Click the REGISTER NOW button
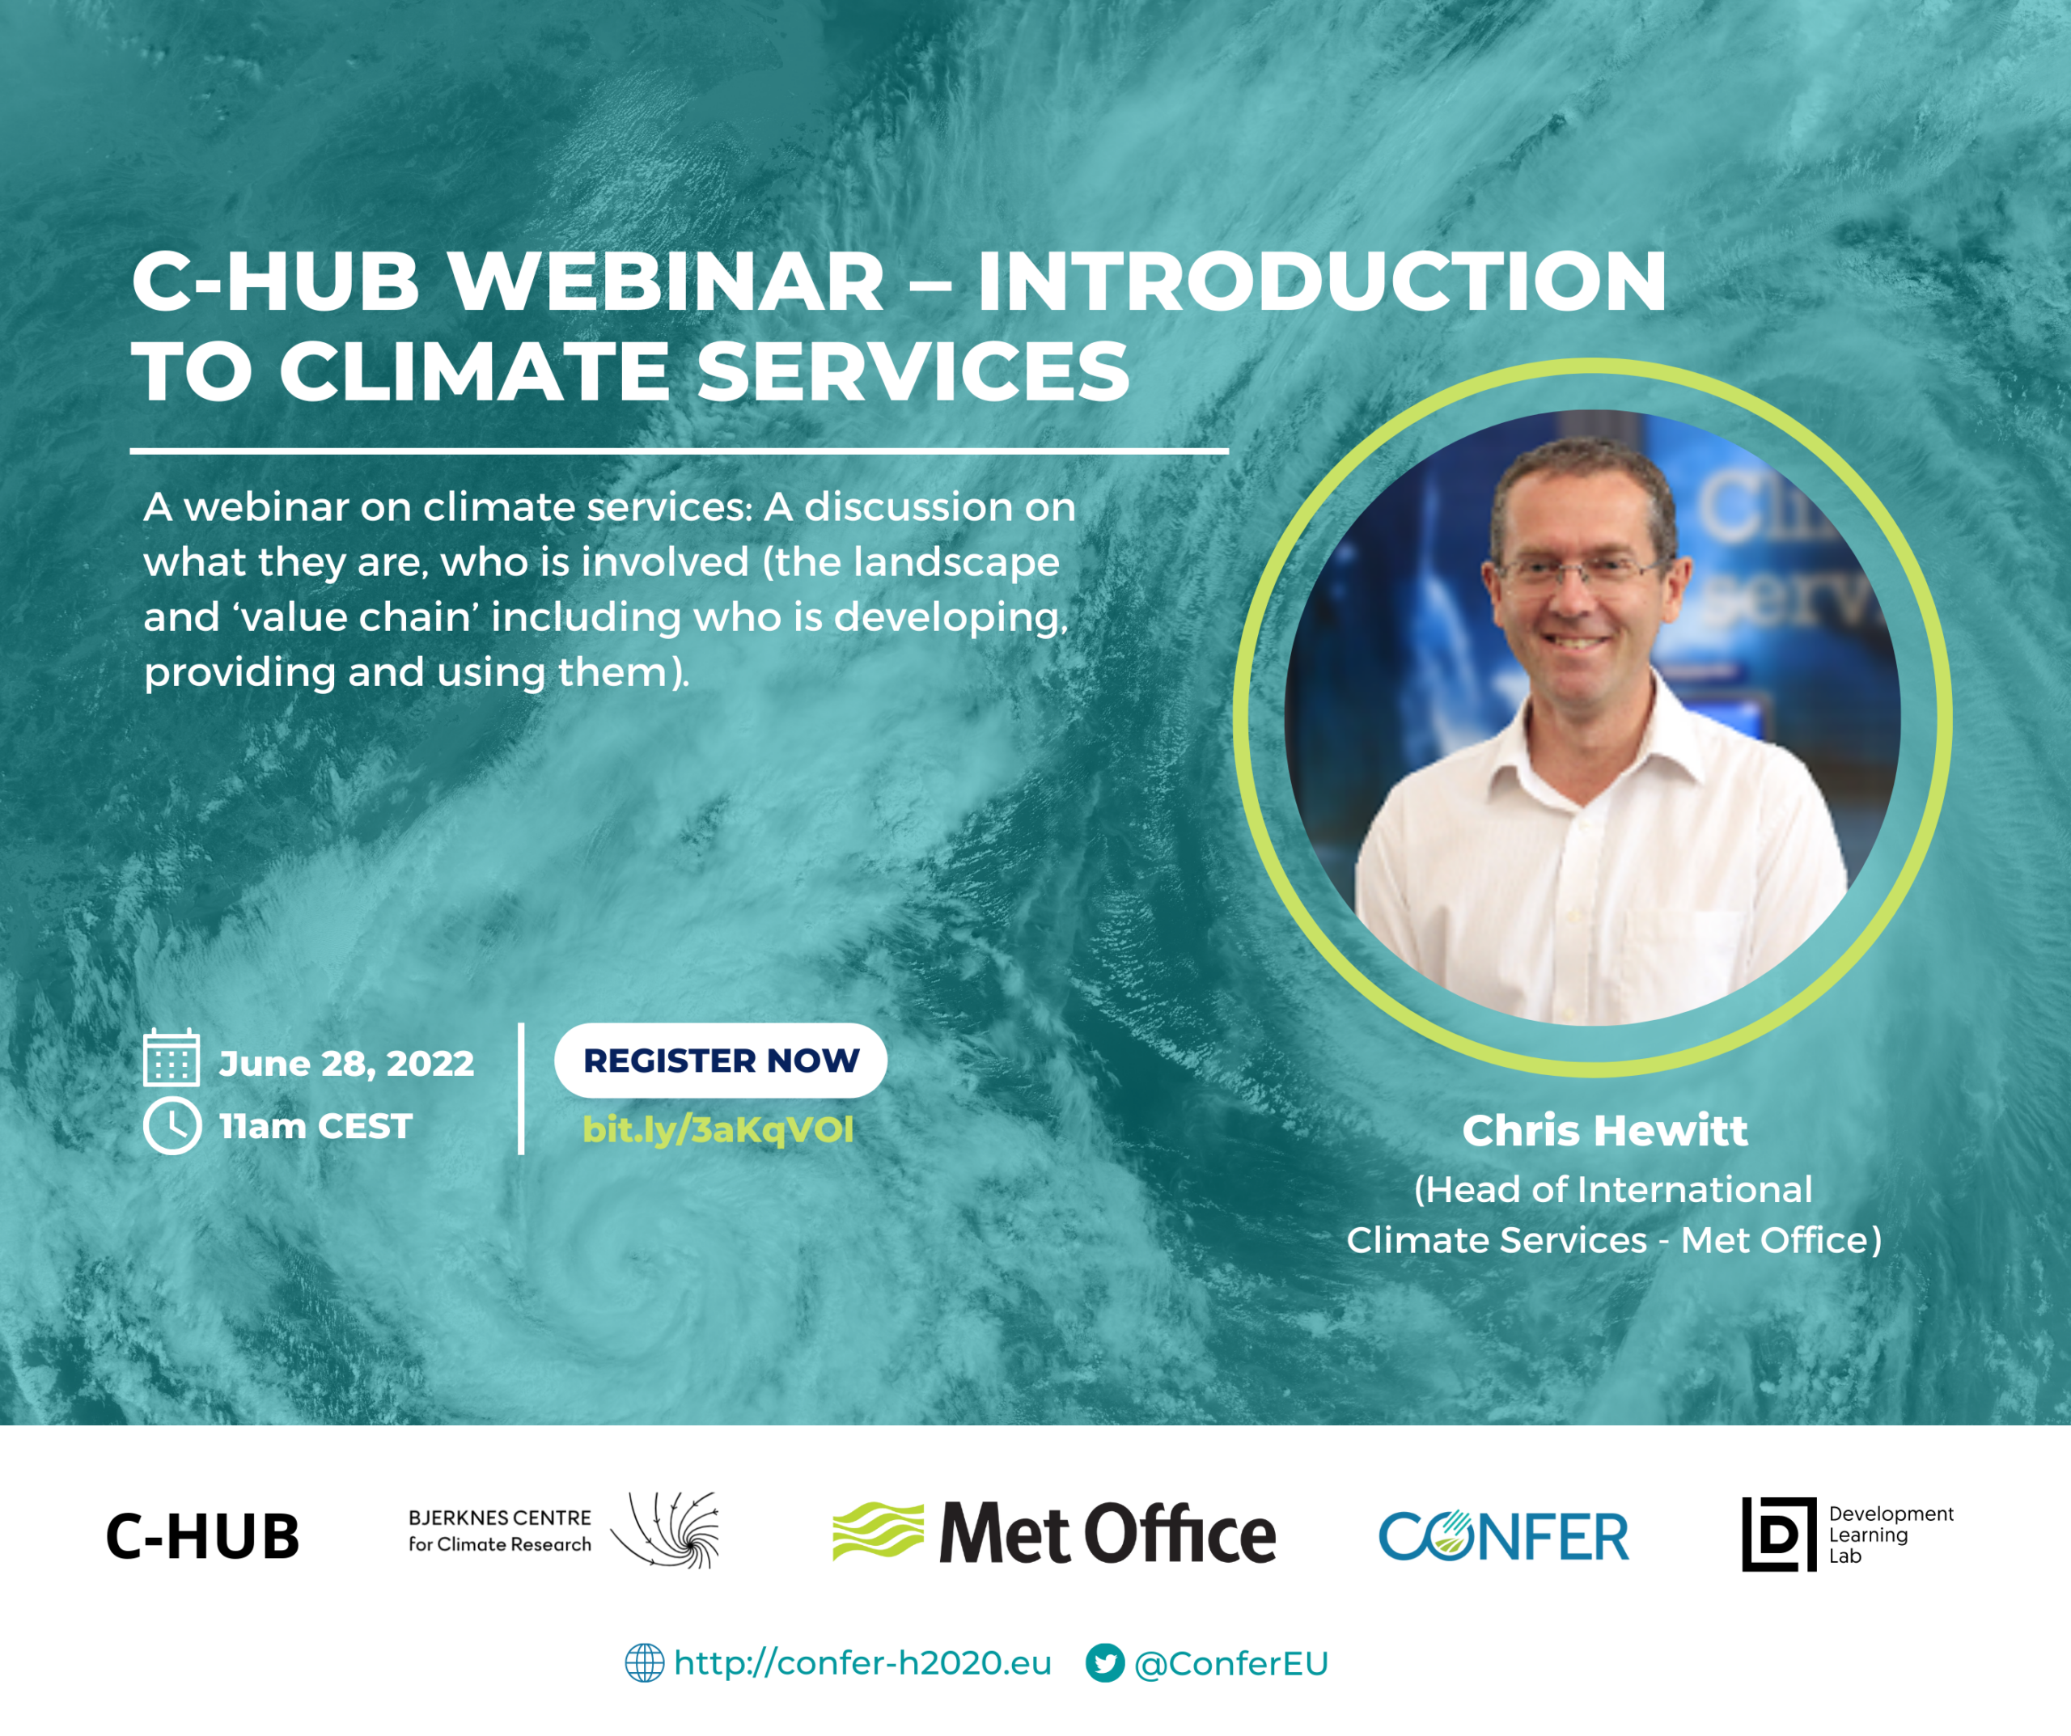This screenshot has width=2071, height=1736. pos(721,1061)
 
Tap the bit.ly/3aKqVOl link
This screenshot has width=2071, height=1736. pos(718,1129)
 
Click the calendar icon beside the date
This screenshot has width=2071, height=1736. pos(172,1057)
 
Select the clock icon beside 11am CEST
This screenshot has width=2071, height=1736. pos(172,1125)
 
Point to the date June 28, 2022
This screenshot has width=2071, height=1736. pos(346,1063)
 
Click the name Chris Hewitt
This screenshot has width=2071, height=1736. pos(1604,1130)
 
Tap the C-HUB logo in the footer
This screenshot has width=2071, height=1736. pos(202,1535)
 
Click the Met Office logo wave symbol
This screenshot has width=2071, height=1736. pos(878,1532)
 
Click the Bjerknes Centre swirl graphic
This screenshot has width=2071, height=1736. pos(666,1530)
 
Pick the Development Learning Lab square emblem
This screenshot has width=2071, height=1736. pos(1778,1534)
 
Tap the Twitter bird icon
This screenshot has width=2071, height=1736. pos(1104,1662)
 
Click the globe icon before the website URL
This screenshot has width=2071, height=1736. pos(644,1662)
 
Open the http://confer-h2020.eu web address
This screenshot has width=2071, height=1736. pos(863,1663)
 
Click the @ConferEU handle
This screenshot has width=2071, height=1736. pos(1230,1664)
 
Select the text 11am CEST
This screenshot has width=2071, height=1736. pos(315,1126)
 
